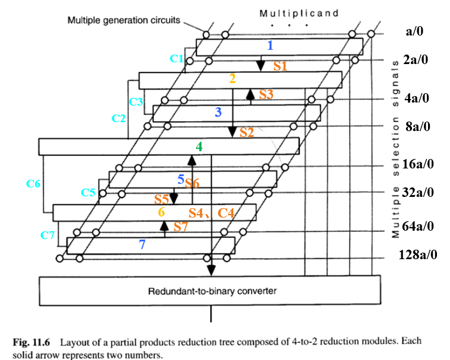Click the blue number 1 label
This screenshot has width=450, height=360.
point(270,45)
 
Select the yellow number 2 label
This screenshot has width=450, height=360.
point(232,78)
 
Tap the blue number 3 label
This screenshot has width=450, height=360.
point(218,111)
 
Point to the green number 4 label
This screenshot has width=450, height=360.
point(199,146)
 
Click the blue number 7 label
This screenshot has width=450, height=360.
point(142,243)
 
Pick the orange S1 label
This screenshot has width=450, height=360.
point(280,66)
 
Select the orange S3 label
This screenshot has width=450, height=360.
point(266,94)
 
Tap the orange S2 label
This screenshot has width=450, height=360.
point(246,132)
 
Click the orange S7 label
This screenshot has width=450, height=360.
point(180,226)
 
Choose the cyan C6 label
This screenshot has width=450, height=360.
point(33,184)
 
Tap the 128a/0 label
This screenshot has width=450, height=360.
point(418,255)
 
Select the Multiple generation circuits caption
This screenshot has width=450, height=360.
point(123,20)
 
